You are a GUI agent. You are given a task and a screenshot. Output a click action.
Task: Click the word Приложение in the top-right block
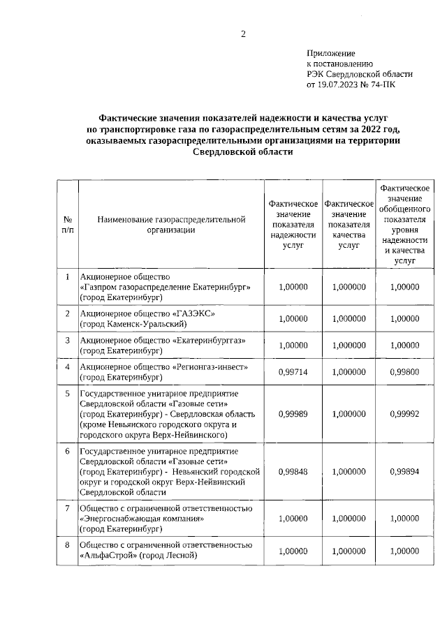click(x=331, y=53)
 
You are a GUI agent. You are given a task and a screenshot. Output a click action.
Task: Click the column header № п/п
click(x=67, y=224)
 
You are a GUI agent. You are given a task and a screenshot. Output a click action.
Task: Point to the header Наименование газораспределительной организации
click(x=171, y=224)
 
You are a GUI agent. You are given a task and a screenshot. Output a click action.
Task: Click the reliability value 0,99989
click(x=293, y=414)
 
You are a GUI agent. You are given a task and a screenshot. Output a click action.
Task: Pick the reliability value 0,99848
click(x=293, y=471)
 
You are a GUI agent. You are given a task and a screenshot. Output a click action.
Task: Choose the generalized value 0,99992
click(x=404, y=414)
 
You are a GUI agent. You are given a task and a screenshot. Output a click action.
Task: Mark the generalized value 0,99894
click(x=404, y=471)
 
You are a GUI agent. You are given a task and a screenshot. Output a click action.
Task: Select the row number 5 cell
click(x=67, y=393)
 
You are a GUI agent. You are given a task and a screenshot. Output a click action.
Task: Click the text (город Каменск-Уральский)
click(x=132, y=324)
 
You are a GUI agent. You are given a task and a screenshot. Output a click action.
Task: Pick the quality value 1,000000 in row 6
click(x=349, y=471)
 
